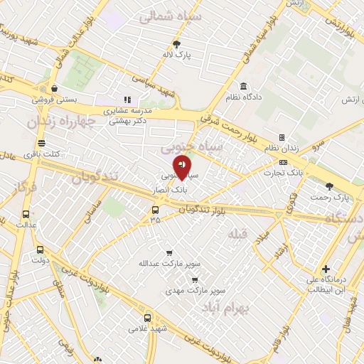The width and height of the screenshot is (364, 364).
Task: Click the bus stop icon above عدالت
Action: coord(26,214)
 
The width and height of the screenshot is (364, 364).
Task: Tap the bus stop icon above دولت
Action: coord(40,250)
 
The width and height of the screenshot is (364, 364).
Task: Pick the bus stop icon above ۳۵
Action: coord(155,210)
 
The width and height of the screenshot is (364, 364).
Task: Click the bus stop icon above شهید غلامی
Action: coord(147,318)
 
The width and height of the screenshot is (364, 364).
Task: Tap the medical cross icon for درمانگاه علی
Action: coord(326,269)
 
